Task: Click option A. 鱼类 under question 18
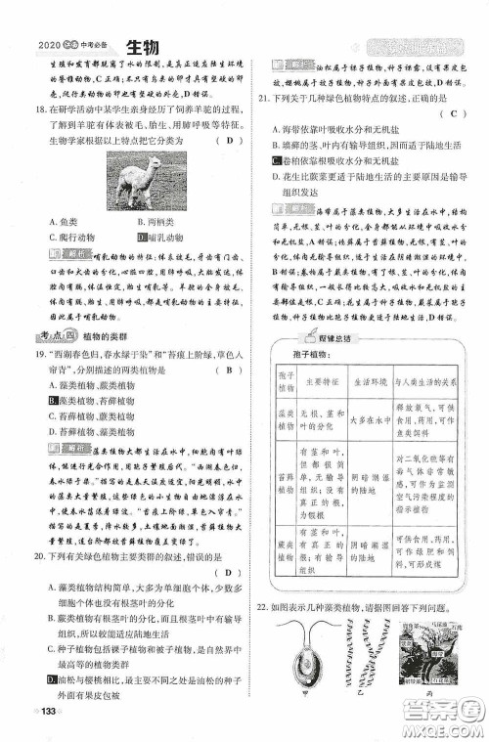(62, 222)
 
